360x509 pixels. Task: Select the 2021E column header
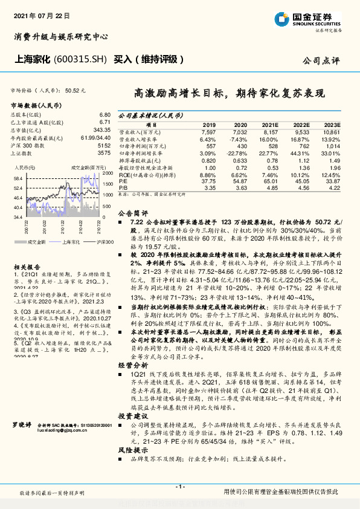pyautogui.click(x=271, y=124)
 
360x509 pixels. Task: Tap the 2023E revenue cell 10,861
pyautogui.click(x=332, y=131)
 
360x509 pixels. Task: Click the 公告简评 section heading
pyautogui.click(x=132, y=213)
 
